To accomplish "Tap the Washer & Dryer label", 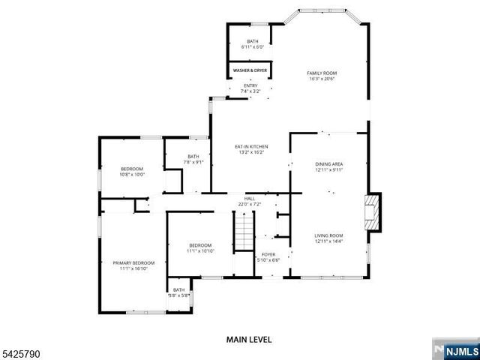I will [x=250, y=70].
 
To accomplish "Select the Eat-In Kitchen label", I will [x=252, y=146].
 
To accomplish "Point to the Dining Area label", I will [x=328, y=163].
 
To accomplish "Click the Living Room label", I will [x=328, y=235].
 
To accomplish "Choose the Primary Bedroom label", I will [x=133, y=262].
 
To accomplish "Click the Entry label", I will [x=250, y=85].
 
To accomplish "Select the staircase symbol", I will [x=244, y=232].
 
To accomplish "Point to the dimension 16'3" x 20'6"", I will [x=321, y=79].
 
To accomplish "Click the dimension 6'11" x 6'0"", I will [x=253, y=47].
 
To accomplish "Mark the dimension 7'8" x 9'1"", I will [x=194, y=162].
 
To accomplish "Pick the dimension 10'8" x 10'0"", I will [x=132, y=175].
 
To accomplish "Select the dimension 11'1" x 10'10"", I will [x=200, y=250].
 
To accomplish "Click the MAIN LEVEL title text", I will [x=249, y=339].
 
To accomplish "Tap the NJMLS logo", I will [x=454, y=349].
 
